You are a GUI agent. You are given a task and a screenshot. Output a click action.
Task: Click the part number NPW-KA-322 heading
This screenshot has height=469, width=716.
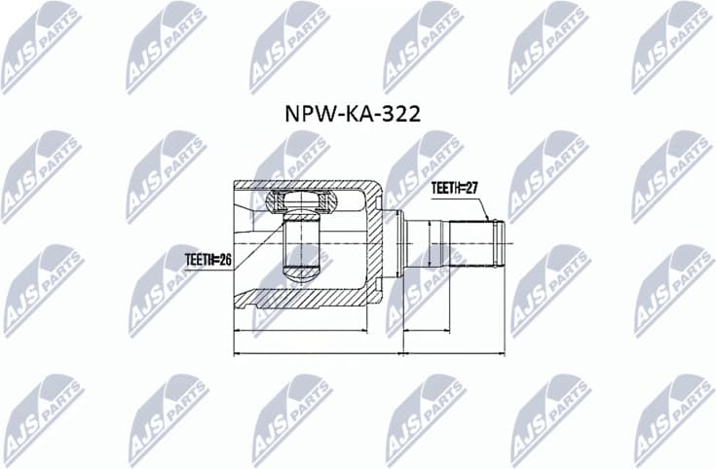pyautogui.click(x=352, y=114)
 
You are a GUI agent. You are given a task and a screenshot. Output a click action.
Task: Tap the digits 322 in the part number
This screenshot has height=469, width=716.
pyautogui.click(x=401, y=114)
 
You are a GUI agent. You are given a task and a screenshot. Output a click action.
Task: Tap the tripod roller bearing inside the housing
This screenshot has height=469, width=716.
pyautogui.click(x=302, y=205)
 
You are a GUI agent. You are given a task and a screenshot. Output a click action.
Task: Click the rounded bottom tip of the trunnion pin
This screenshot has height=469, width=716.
pyautogui.click(x=302, y=272)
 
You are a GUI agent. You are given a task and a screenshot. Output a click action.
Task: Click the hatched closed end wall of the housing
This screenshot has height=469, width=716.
pyautogui.click(x=375, y=243)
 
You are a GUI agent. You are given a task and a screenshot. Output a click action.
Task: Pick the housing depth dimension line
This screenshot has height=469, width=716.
pyautogui.click(x=312, y=331)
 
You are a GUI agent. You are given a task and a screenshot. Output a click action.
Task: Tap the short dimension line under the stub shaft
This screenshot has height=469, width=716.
pyautogui.click(x=426, y=331)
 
